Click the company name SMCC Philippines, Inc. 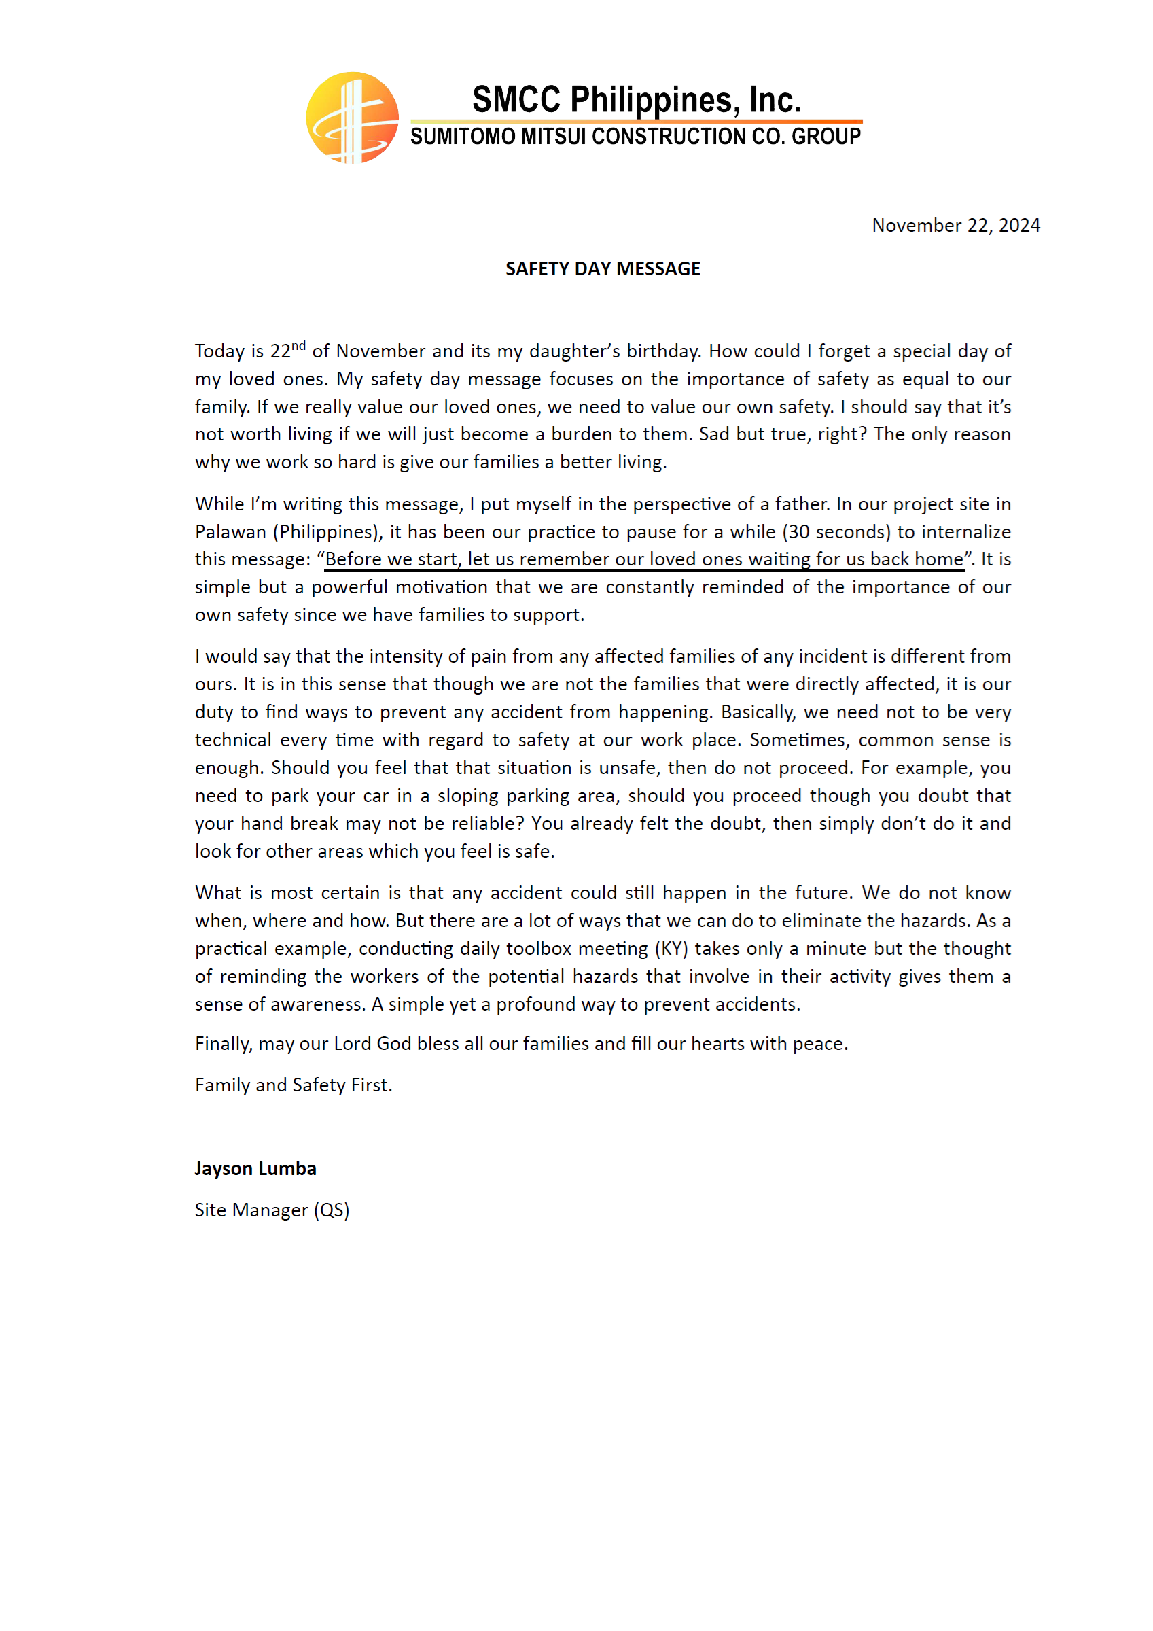coord(636,99)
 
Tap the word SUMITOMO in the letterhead coord(463,137)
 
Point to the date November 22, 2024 coord(955,225)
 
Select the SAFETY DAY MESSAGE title coord(603,268)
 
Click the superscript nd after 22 coord(298,346)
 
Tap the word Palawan coord(230,531)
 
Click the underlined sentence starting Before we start coord(643,559)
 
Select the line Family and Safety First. coord(294,1085)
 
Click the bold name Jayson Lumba coord(255,1169)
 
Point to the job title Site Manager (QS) coord(272,1210)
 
